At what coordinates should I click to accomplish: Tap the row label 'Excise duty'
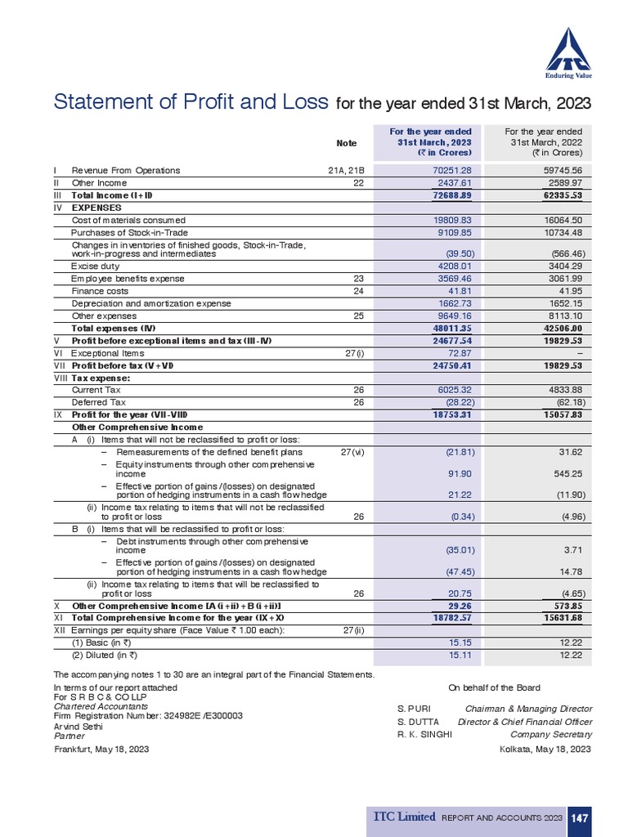point(95,266)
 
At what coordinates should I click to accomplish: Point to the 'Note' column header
point(347,143)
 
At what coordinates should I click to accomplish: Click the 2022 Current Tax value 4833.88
point(563,390)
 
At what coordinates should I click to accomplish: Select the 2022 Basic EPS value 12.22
point(569,642)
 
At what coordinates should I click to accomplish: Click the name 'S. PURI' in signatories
point(412,709)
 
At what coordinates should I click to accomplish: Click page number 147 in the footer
point(580,817)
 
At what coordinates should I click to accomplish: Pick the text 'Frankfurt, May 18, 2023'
point(101,749)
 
